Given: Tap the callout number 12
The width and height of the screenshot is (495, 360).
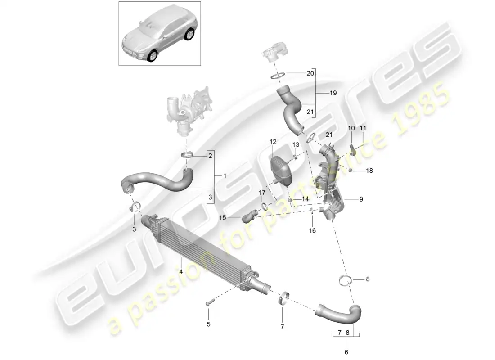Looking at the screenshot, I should tap(273, 142).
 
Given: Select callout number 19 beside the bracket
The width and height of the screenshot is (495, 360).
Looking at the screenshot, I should tap(333, 94).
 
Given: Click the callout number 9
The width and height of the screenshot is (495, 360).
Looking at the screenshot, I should tap(360, 199).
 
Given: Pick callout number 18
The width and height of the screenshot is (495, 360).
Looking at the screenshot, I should tap(370, 171).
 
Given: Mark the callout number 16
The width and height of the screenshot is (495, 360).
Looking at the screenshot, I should tap(312, 230).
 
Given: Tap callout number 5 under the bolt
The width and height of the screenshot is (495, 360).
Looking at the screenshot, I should tap(208, 324).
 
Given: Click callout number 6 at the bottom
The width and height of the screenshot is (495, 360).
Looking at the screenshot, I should tap(346, 352).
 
